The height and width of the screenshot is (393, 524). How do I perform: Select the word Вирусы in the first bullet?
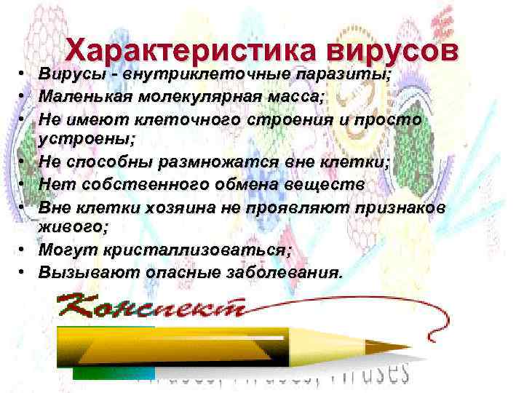coord(69,74)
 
